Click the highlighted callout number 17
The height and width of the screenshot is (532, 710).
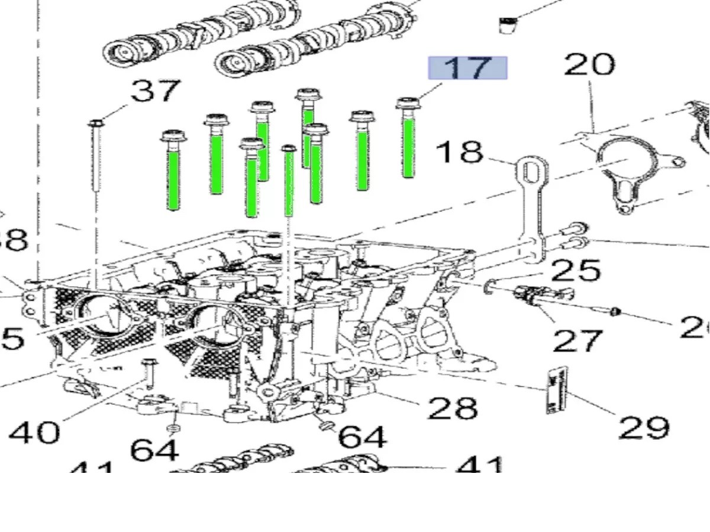467,68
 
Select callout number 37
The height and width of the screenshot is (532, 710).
155,92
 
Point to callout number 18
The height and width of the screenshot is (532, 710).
459,152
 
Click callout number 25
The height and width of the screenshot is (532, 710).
575,270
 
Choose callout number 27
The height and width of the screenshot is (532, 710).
577,340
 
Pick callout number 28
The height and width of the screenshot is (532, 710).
452,407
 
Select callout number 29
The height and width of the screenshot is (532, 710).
644,427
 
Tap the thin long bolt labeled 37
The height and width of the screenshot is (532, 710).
95,160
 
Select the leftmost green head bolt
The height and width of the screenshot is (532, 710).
173,171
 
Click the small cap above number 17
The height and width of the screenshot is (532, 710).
507,25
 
